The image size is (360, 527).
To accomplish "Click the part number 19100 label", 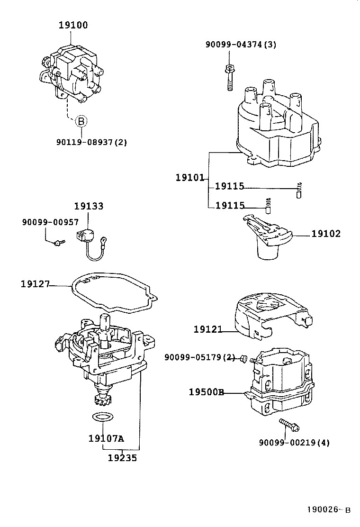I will [73, 26].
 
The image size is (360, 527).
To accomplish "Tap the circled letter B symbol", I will [81, 121].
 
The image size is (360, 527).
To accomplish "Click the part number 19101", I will [189, 178].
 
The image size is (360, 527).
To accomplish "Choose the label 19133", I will [89, 206].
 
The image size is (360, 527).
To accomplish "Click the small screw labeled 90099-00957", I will [59, 243].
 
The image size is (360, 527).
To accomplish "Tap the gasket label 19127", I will [35, 284].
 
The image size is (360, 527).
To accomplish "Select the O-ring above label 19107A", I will [102, 418].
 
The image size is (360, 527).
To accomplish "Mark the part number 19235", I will [122, 458].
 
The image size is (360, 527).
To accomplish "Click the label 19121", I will [207, 329].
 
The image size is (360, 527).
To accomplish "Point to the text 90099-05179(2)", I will [199, 357].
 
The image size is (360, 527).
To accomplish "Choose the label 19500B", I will [206, 392].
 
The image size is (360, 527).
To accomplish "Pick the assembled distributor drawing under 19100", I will [73, 73].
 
